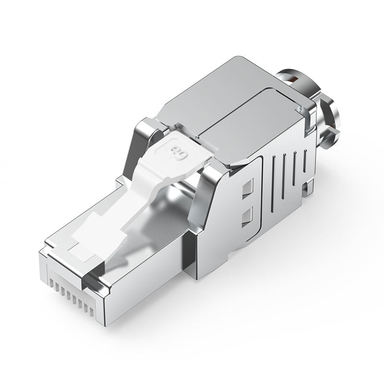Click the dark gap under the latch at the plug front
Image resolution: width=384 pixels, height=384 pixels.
91,278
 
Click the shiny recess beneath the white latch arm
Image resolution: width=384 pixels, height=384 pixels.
158,211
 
